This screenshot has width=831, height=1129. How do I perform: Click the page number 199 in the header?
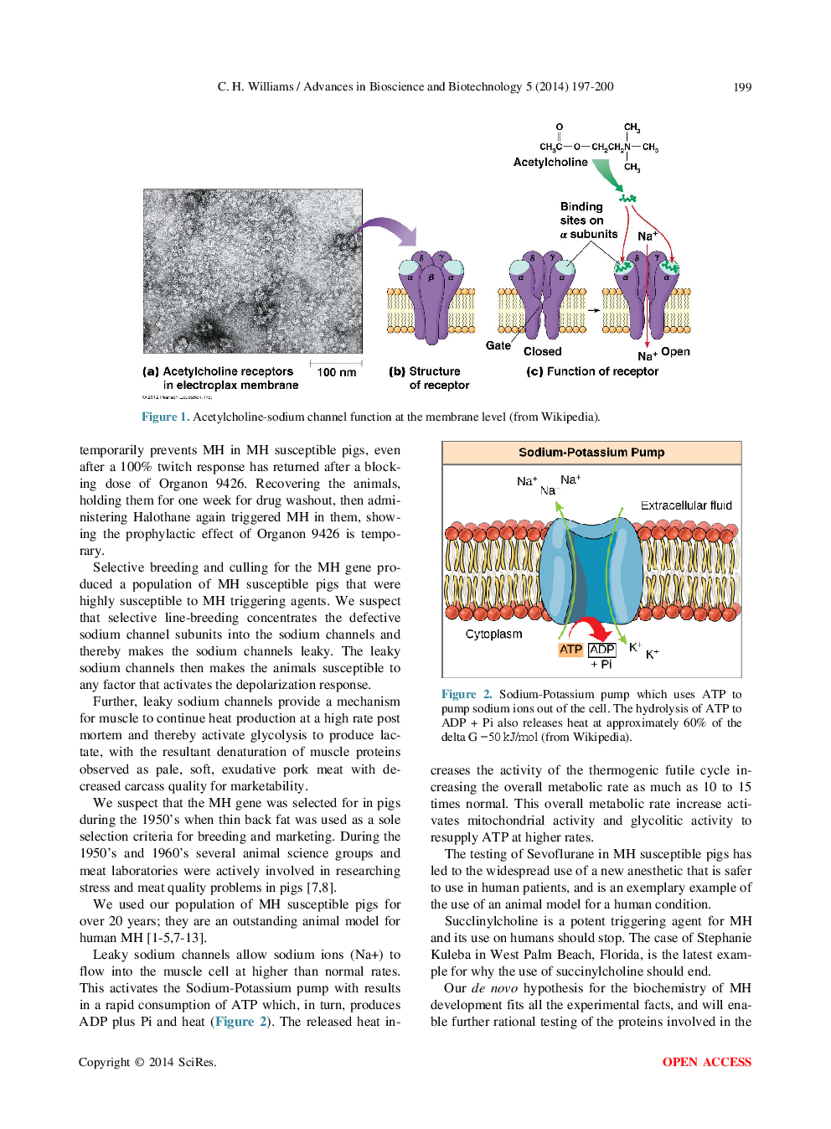click(742, 87)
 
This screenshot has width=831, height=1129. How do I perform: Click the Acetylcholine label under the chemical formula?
click(550, 163)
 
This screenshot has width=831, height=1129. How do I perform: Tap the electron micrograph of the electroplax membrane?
click(252, 271)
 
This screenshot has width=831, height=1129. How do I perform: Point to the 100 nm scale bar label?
click(336, 372)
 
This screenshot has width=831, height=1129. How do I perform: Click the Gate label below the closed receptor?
click(498, 345)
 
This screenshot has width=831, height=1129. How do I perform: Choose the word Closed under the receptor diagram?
click(542, 352)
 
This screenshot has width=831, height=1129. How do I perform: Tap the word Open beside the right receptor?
click(675, 352)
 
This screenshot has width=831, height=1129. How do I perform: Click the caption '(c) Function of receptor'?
click(592, 371)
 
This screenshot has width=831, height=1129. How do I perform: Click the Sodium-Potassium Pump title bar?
click(591, 453)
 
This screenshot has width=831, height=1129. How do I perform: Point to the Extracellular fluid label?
click(686, 505)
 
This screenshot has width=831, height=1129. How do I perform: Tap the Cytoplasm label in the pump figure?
click(493, 634)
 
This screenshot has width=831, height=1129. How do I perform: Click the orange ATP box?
click(570, 650)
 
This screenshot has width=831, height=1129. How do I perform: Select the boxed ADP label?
click(601, 650)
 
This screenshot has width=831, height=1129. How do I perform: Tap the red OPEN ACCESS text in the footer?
click(706, 1062)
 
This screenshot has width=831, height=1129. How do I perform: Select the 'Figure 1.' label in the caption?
click(164, 417)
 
